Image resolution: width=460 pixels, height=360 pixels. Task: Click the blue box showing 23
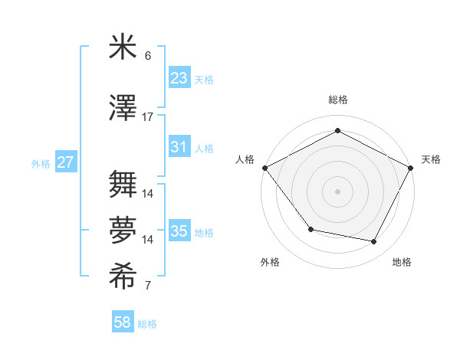(x=179, y=77)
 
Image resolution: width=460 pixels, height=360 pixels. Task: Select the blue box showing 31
(x=179, y=147)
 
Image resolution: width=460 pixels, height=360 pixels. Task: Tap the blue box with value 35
(x=179, y=231)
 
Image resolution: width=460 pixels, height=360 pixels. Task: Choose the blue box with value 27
(x=66, y=162)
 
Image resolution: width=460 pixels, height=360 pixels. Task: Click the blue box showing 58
(x=123, y=322)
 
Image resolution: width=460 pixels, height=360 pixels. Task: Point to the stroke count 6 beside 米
(x=148, y=56)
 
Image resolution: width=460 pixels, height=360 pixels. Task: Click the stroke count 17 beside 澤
(x=148, y=117)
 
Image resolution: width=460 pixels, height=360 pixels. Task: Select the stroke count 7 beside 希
(x=148, y=286)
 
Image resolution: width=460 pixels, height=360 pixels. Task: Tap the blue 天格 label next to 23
(x=204, y=79)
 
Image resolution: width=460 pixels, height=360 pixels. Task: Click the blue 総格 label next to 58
(x=147, y=324)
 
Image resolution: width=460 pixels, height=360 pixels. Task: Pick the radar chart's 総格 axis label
(x=337, y=100)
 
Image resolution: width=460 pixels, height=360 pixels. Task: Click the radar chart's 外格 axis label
(x=270, y=262)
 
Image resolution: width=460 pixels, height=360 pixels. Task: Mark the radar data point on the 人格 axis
(x=264, y=167)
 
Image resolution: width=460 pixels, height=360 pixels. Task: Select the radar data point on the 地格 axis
(x=374, y=242)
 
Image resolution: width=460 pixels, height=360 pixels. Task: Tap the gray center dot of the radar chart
(x=337, y=191)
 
